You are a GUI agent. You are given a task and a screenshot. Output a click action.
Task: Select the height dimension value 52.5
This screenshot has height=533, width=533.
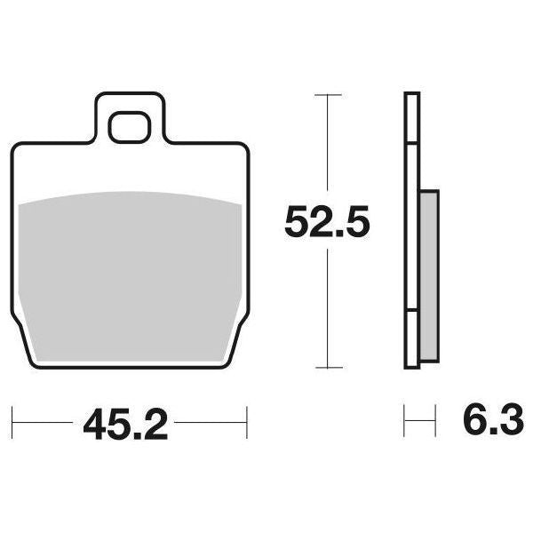[326, 223]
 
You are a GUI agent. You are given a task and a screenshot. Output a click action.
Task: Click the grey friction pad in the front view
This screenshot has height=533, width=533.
[130, 266]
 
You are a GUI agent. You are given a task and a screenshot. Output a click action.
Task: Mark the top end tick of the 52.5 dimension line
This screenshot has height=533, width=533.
[329, 93]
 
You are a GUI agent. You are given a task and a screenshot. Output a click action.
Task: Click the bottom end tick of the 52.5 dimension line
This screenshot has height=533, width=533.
[329, 369]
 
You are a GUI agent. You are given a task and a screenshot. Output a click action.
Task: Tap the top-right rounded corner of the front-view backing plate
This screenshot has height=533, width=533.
[242, 147]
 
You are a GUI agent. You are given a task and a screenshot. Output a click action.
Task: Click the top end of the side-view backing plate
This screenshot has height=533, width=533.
[410, 94]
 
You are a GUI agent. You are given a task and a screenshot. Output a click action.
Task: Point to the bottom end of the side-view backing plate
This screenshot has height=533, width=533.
[410, 367]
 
